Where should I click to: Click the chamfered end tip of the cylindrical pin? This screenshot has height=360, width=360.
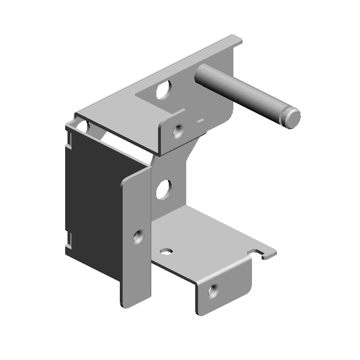[x=293, y=118]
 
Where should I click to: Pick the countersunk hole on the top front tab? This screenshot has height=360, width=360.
[x=178, y=132]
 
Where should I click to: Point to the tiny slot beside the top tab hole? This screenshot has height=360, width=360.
[x=200, y=120]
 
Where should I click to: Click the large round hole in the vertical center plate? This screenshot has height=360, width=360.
[x=164, y=190]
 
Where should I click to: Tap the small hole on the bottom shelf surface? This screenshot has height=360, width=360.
[x=168, y=251]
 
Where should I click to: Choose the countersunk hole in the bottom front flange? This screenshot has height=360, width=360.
[x=212, y=291]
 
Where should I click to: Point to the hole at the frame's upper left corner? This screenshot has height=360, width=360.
[x=82, y=127]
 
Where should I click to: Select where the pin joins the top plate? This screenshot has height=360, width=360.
[x=200, y=76]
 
